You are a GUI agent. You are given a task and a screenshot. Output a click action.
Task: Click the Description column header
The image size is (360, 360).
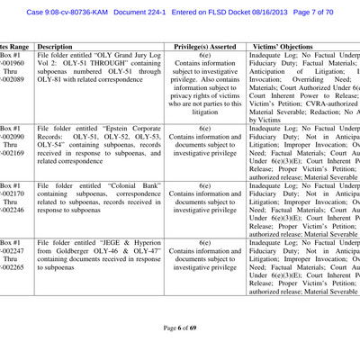(x=55, y=44)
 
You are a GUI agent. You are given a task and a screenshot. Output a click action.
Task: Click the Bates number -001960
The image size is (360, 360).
(x=10, y=65)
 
